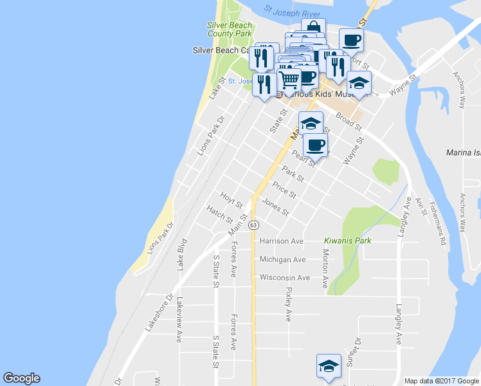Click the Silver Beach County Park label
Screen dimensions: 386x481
(230, 30)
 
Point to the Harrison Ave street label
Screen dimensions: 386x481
(281, 241)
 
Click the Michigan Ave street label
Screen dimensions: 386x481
(282, 259)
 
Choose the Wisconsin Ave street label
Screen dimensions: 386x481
(285, 278)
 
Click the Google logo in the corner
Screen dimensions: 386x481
(21, 378)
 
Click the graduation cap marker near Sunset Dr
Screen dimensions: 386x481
(329, 365)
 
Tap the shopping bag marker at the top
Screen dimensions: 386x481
(313, 28)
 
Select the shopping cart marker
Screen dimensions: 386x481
(289, 80)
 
